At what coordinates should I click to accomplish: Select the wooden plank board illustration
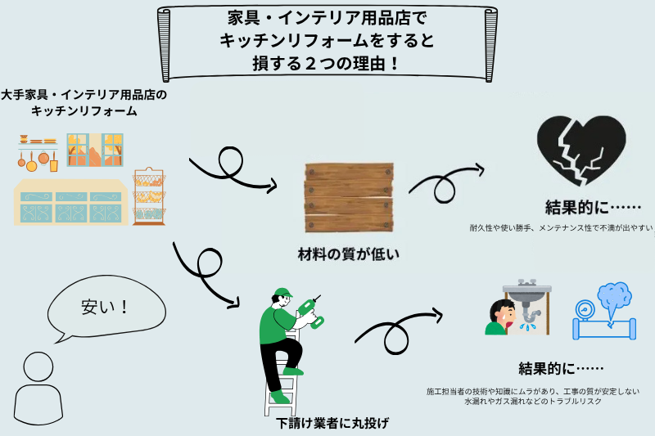(x=347, y=200)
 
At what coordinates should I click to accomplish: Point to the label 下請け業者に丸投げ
(x=332, y=423)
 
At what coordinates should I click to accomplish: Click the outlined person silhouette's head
(x=38, y=367)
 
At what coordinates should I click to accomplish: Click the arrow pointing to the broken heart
(x=446, y=181)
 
